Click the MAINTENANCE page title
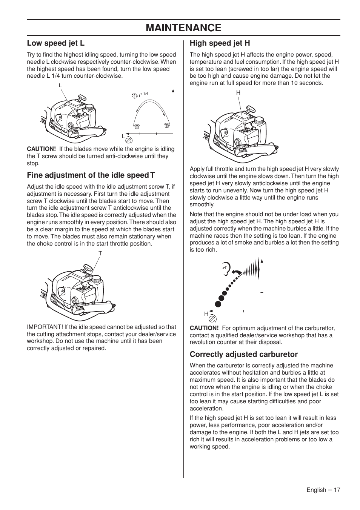click(x=183, y=28)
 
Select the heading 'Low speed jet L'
click(x=55, y=43)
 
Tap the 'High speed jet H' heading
click(x=220, y=43)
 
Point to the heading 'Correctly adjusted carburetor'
click(x=243, y=354)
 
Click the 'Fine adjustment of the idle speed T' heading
click(x=91, y=175)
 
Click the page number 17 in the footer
click(x=337, y=490)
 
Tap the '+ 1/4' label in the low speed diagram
click(x=144, y=94)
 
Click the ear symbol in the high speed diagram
click(x=226, y=269)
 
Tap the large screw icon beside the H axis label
click(x=212, y=319)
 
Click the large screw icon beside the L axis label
click(x=129, y=140)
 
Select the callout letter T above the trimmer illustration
click(x=100, y=253)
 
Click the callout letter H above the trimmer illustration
click(x=238, y=93)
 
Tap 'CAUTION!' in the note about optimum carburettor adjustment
click(x=204, y=328)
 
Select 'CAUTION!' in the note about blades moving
click(x=41, y=149)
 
